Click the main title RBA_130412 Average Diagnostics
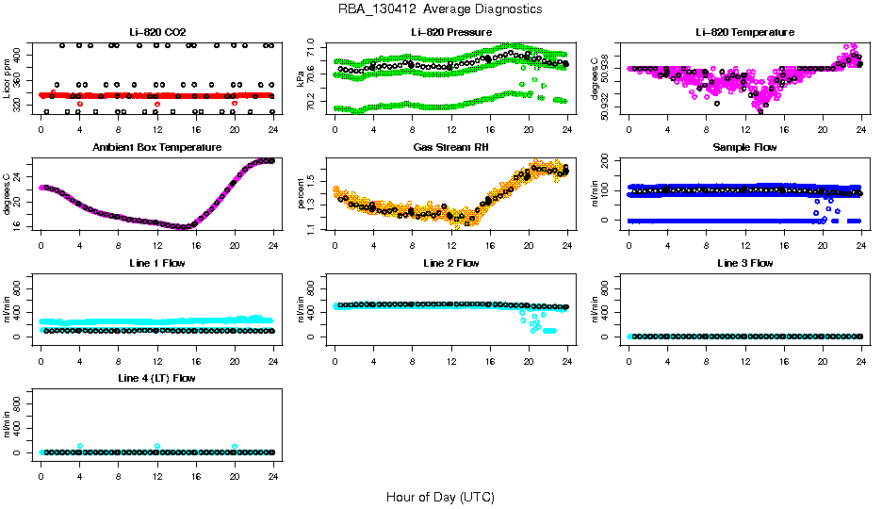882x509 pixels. pos(440,9)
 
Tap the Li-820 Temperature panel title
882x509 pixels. pos(744,32)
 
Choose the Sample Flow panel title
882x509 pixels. pos(744,148)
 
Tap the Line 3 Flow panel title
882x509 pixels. pos(744,263)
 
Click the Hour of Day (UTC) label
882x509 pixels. pos(440,497)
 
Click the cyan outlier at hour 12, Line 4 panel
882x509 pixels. pos(157,446)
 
